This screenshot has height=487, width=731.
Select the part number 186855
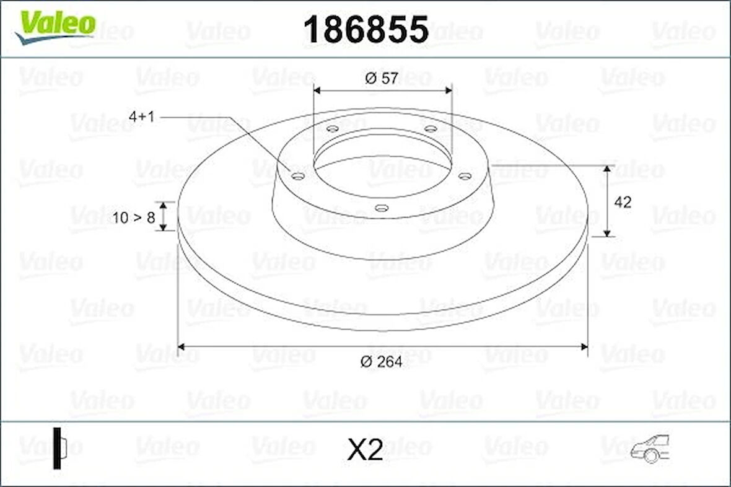pos(365,29)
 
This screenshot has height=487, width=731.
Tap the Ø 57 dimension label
pos(382,79)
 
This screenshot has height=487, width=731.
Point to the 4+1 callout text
pos(141,116)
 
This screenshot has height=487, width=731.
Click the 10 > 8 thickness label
pos(134,217)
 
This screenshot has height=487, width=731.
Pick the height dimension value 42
pos(623,202)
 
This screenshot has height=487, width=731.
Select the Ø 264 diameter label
pos(382,362)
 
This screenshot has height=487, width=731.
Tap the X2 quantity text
pos(365,450)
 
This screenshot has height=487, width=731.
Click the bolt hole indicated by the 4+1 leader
pos(298,177)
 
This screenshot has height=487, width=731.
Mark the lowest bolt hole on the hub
pos(382,208)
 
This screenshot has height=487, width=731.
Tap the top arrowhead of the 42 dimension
pos(608,169)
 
